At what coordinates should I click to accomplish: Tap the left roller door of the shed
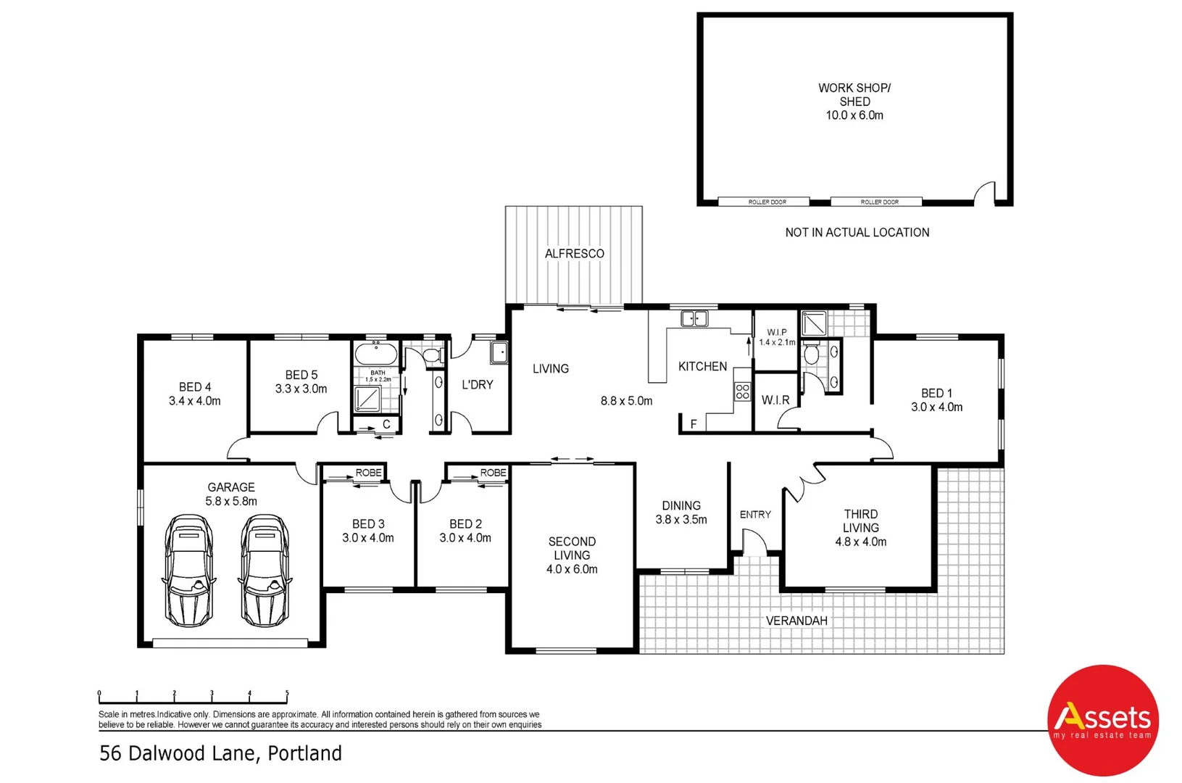[x=767, y=202]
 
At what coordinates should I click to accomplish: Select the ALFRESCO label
[x=574, y=254]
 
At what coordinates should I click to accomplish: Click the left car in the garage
[x=188, y=571]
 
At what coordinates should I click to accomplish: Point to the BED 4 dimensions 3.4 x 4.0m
[x=194, y=401]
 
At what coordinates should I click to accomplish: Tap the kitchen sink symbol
[x=694, y=318]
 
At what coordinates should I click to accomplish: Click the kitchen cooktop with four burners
[x=742, y=392]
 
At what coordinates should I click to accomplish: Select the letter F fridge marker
[x=694, y=424]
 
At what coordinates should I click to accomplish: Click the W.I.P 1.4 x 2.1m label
[x=777, y=337]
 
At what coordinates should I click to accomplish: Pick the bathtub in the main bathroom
[x=375, y=355]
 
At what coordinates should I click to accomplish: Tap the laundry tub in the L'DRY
[x=499, y=352]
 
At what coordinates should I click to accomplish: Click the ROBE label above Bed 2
[x=493, y=473]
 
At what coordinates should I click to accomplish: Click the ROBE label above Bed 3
[x=368, y=473]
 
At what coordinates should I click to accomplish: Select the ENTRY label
[x=755, y=515]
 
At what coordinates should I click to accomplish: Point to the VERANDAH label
[x=796, y=621]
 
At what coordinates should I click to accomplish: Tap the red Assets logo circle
[x=1102, y=720]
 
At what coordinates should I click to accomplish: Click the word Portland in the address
[x=304, y=753]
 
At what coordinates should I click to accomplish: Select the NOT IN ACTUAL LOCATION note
[x=857, y=233]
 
